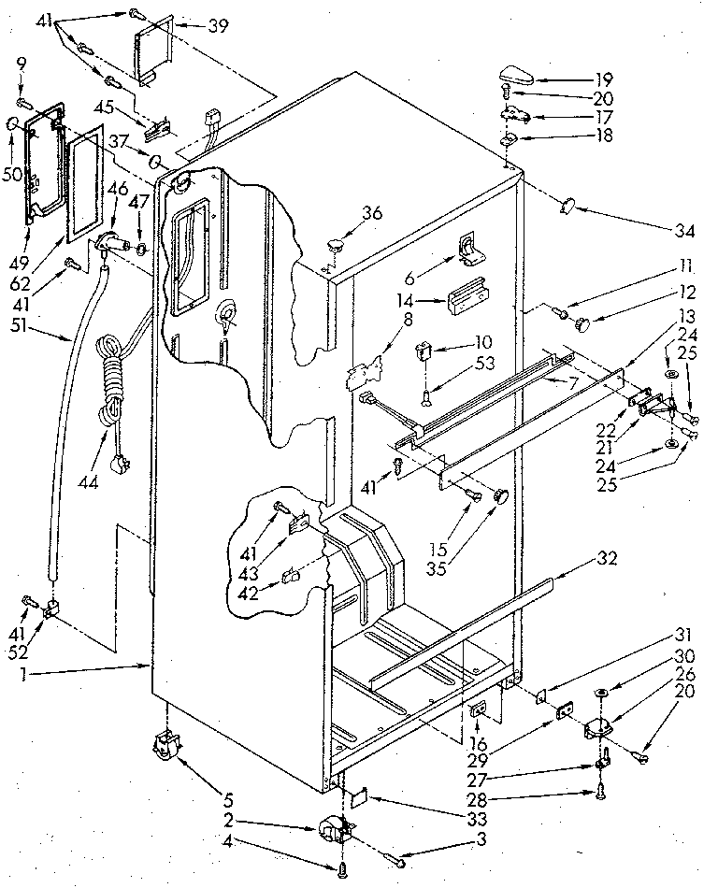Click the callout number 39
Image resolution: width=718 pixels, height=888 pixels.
click(218, 25)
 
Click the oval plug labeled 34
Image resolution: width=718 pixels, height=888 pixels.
click(567, 208)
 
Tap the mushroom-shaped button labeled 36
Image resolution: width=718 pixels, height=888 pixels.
click(335, 245)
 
